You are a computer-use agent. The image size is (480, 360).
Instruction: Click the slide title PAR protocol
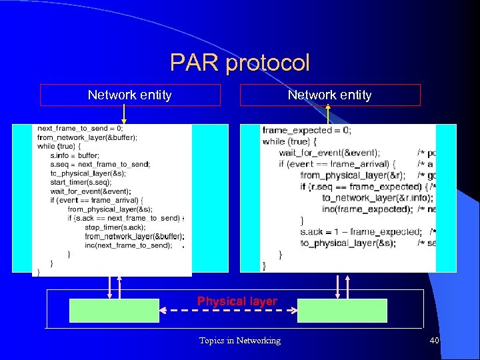pyautogui.click(x=240, y=63)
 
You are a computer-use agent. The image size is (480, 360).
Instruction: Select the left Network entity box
pyautogui.click(x=130, y=95)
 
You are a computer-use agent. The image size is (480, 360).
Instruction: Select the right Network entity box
pyautogui.click(x=330, y=95)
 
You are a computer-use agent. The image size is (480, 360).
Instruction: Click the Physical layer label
pyautogui.click(x=237, y=301)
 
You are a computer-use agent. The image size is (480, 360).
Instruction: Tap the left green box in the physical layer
pyautogui.click(x=115, y=311)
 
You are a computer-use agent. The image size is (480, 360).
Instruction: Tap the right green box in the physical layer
pyautogui.click(x=342, y=311)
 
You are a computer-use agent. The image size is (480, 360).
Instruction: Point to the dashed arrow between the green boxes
pyautogui.click(x=228, y=311)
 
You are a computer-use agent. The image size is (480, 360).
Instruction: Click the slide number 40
pyautogui.click(x=434, y=341)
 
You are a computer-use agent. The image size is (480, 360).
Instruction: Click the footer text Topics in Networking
pyautogui.click(x=240, y=341)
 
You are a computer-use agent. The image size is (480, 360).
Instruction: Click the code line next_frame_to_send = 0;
pyautogui.click(x=80, y=128)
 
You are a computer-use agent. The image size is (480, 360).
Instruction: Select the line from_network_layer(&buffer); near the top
pyautogui.click(x=87, y=137)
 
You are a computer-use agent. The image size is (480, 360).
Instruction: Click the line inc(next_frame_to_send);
pyautogui.click(x=128, y=245)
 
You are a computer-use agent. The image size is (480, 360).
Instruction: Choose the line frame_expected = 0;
pyautogui.click(x=307, y=131)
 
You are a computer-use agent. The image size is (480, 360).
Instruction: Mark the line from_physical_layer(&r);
pyautogui.click(x=343, y=175)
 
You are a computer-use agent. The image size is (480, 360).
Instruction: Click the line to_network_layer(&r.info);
pyautogui.click(x=377, y=198)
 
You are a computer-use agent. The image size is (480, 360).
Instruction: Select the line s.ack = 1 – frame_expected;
pyautogui.click(x=360, y=232)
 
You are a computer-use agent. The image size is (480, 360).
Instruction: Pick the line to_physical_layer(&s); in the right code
pyautogui.click(x=347, y=243)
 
